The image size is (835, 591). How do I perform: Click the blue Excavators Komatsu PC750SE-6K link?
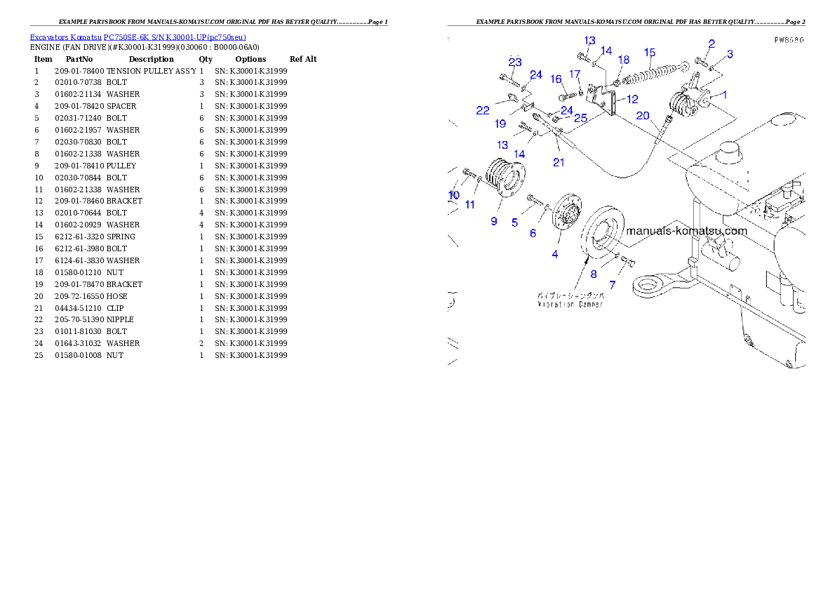click(x=138, y=37)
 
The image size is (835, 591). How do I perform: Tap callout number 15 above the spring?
click(x=650, y=52)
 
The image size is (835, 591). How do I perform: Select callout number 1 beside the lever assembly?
click(x=725, y=94)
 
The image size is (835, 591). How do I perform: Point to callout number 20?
click(x=643, y=116)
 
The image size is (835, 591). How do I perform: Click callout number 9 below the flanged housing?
click(x=494, y=221)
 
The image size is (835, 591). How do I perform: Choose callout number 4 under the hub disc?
click(x=555, y=254)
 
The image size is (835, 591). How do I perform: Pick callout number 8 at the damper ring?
click(x=593, y=274)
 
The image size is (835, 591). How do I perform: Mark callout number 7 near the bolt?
click(x=612, y=286)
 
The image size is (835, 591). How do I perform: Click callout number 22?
click(x=483, y=110)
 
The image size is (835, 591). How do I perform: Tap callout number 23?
click(x=515, y=62)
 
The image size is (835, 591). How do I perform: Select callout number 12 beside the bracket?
click(x=632, y=99)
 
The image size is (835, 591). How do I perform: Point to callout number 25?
click(x=581, y=118)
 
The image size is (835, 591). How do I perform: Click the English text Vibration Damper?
click(x=570, y=305)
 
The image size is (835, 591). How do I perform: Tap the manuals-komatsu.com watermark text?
click(x=686, y=230)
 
